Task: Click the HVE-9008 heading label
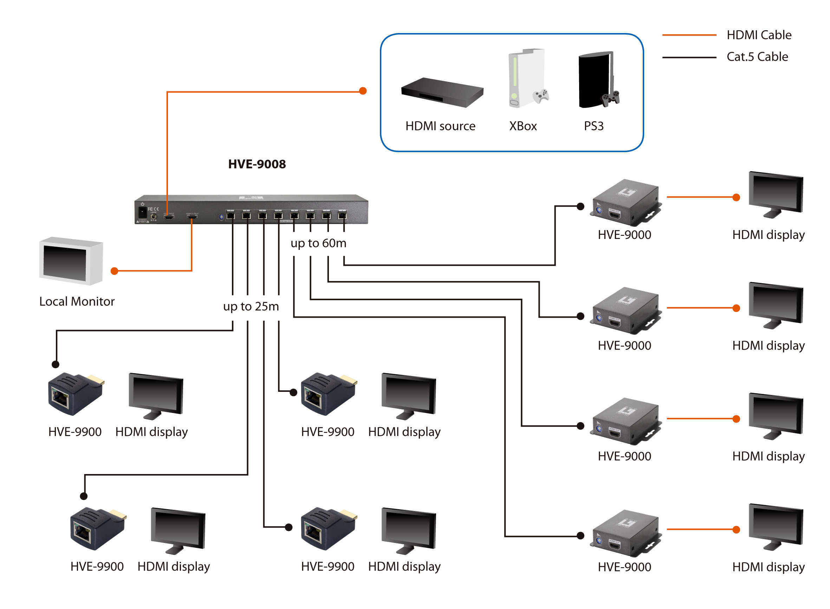click(257, 164)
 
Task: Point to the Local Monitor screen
click(65, 263)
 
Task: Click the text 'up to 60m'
click(318, 243)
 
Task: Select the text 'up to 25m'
click(251, 306)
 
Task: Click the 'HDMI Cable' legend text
click(759, 35)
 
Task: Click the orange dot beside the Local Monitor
click(114, 271)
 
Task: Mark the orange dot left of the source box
click(363, 91)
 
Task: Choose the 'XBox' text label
click(523, 126)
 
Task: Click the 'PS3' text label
click(594, 126)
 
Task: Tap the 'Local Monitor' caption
click(77, 302)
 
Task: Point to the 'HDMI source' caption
click(440, 126)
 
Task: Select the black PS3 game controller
click(611, 98)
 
